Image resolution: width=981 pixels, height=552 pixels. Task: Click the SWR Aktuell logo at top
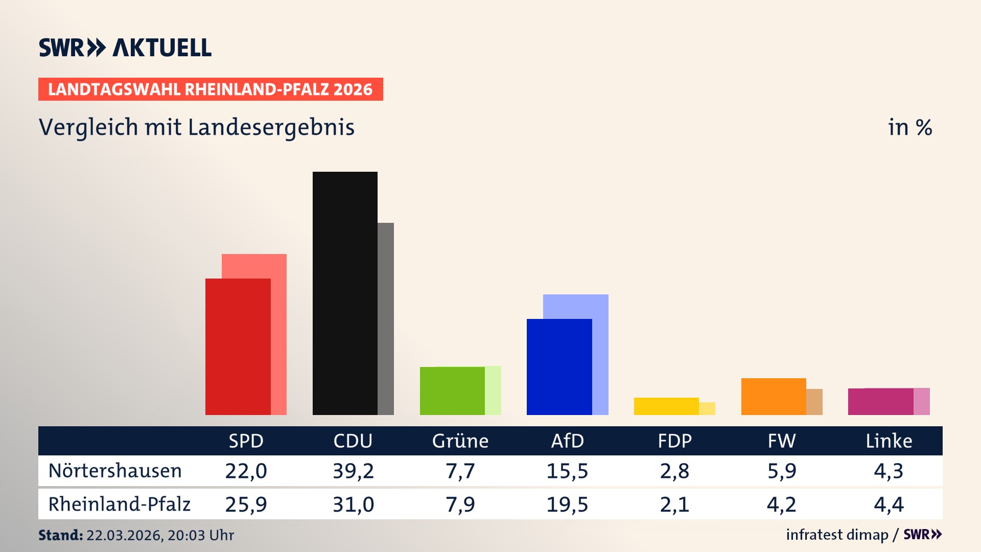pyautogui.click(x=125, y=48)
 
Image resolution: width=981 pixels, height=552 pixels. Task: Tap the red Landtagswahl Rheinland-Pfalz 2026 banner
pyautogui.click(x=211, y=89)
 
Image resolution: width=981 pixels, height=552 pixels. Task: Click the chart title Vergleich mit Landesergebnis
pyautogui.click(x=196, y=127)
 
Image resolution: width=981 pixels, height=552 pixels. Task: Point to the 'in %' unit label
pyautogui.click(x=909, y=127)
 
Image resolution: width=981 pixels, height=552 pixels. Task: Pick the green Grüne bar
pyautogui.click(x=452, y=390)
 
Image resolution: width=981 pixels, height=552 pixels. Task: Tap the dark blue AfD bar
pyautogui.click(x=559, y=366)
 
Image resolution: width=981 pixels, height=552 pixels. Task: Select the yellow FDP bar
pyautogui.click(x=666, y=406)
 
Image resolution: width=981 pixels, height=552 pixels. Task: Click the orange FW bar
pyautogui.click(x=773, y=396)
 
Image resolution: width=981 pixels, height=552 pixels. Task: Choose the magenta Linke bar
pyautogui.click(x=880, y=401)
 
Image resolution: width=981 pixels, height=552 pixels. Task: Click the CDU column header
pyautogui.click(x=353, y=441)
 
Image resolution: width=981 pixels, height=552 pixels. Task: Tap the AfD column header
pyautogui.click(x=567, y=441)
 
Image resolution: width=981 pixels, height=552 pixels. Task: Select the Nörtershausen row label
pyautogui.click(x=115, y=471)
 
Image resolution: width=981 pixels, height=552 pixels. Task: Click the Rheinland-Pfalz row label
pyautogui.click(x=119, y=504)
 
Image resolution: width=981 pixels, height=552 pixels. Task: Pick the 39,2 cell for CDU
pyautogui.click(x=353, y=471)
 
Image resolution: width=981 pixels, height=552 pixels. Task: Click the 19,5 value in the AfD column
pyautogui.click(x=567, y=504)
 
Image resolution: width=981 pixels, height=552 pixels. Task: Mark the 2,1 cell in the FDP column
pyautogui.click(x=674, y=504)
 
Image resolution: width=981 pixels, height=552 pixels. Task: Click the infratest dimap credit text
pyautogui.click(x=837, y=535)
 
